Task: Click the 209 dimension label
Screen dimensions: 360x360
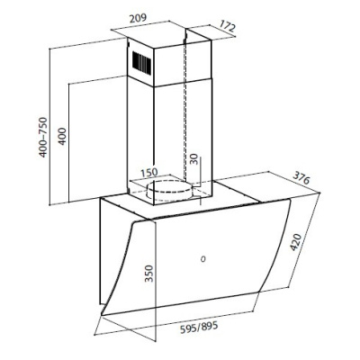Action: point(138,18)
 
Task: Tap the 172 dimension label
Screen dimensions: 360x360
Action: point(227,26)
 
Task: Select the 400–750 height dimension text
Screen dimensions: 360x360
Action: point(43,137)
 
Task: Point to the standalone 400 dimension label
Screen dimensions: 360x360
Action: point(61,137)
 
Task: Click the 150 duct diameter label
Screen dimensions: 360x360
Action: point(148,173)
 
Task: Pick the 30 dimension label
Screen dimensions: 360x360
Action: point(194,159)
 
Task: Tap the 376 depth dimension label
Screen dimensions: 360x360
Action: point(301,178)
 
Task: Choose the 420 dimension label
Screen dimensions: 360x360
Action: point(295,242)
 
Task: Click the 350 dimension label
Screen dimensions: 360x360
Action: point(148,274)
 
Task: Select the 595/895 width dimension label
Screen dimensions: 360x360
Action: point(199,327)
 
